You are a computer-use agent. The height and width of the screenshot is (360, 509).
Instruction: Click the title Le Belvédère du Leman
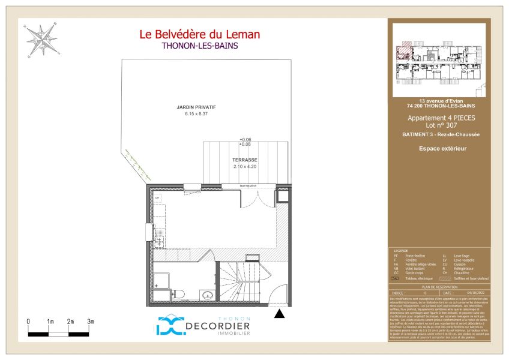click(x=199, y=34)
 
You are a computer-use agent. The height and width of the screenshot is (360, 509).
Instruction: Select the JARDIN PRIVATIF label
click(x=196, y=107)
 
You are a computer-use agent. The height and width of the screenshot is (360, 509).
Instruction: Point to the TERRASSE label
click(x=245, y=160)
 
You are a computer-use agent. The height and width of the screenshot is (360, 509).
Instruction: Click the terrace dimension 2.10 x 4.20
click(x=245, y=167)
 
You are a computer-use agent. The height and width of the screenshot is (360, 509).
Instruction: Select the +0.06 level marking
click(x=245, y=139)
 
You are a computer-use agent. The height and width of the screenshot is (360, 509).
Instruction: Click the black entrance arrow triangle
click(x=279, y=313)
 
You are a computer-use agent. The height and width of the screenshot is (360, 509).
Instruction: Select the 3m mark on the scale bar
click(x=91, y=322)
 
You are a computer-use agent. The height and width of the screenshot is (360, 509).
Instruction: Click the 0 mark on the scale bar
click(x=28, y=322)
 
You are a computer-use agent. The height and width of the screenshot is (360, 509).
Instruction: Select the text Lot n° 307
click(x=441, y=126)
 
